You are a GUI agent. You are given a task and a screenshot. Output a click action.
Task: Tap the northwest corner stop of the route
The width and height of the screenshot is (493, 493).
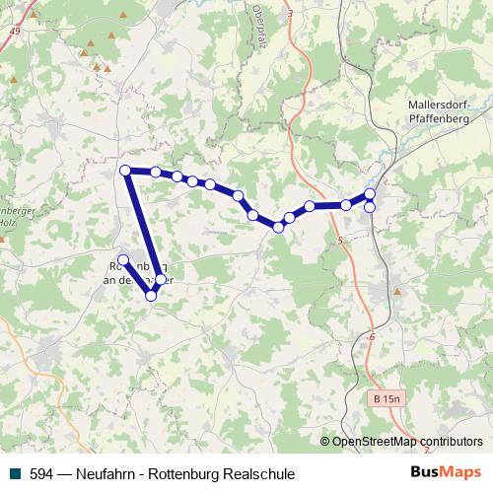(125, 171)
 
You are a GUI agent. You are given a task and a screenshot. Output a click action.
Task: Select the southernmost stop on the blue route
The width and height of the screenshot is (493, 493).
(151, 295)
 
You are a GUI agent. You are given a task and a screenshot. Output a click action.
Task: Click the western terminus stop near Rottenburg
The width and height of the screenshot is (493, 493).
(122, 259)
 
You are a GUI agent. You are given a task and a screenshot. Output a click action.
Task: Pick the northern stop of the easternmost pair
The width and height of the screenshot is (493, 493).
(370, 194)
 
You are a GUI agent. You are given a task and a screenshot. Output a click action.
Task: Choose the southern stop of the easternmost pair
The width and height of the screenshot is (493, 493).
(370, 207)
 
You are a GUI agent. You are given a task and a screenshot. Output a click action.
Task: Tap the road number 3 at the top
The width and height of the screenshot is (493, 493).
(290, 12)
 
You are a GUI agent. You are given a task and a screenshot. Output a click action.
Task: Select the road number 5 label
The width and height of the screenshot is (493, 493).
(339, 242)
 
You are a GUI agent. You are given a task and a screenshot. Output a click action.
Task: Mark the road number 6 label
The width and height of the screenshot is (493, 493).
(373, 338)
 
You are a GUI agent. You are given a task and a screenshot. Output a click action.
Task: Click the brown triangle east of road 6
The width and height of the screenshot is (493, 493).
(397, 292)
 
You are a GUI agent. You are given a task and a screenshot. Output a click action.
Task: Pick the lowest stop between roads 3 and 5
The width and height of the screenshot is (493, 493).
(279, 228)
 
